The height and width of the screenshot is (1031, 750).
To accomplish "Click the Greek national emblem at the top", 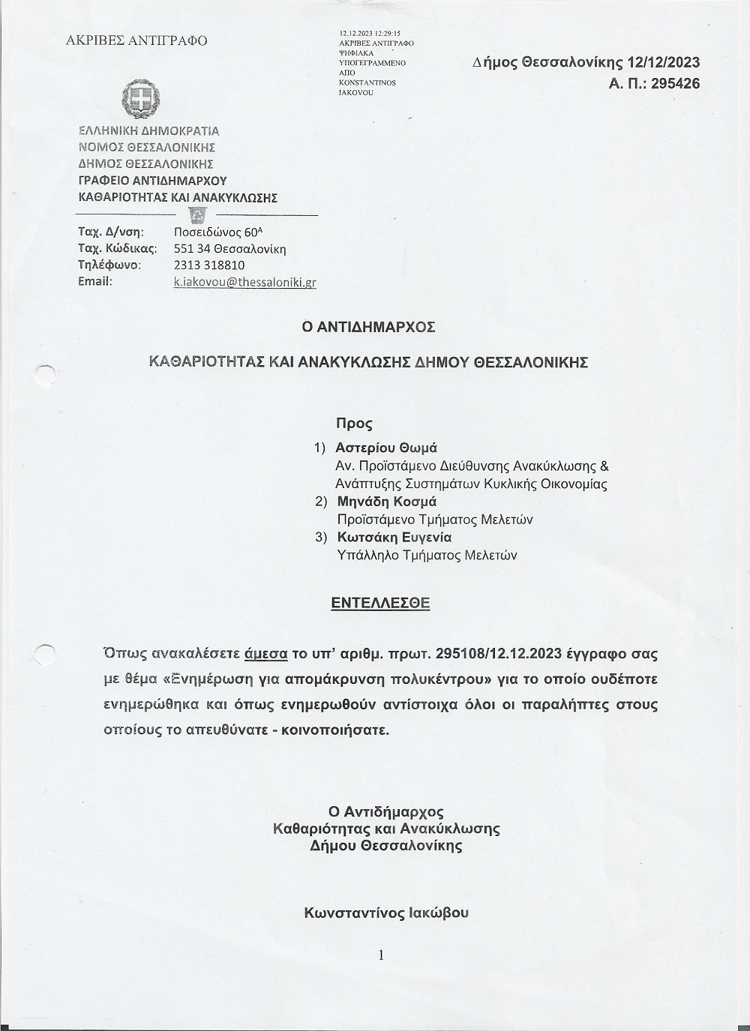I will point(140,99).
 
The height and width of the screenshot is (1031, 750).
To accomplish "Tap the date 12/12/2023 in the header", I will point(664,63).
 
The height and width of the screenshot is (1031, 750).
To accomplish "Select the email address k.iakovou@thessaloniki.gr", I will point(244,282).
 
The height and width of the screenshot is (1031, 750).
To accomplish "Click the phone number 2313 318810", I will point(209,265).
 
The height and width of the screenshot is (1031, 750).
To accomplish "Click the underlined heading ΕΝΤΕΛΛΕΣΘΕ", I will point(380,603).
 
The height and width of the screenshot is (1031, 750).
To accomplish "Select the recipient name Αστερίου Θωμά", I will point(386,448).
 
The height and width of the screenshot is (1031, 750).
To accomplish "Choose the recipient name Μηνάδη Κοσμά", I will point(386,502).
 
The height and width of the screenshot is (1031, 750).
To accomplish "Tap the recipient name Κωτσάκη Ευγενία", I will point(394,538).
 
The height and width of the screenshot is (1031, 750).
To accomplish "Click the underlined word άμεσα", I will point(266,653).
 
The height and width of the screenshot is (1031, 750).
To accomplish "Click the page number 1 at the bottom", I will point(381,955).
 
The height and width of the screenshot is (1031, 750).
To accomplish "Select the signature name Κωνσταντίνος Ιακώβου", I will point(386,913).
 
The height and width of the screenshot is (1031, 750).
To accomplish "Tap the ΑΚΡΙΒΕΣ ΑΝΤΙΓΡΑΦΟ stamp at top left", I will point(136,40).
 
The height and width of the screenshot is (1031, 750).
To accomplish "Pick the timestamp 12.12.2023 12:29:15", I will point(370,34).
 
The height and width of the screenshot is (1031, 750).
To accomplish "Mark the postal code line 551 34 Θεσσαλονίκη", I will point(229,248).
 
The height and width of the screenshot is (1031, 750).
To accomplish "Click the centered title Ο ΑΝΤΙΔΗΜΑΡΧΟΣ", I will point(368,327).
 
